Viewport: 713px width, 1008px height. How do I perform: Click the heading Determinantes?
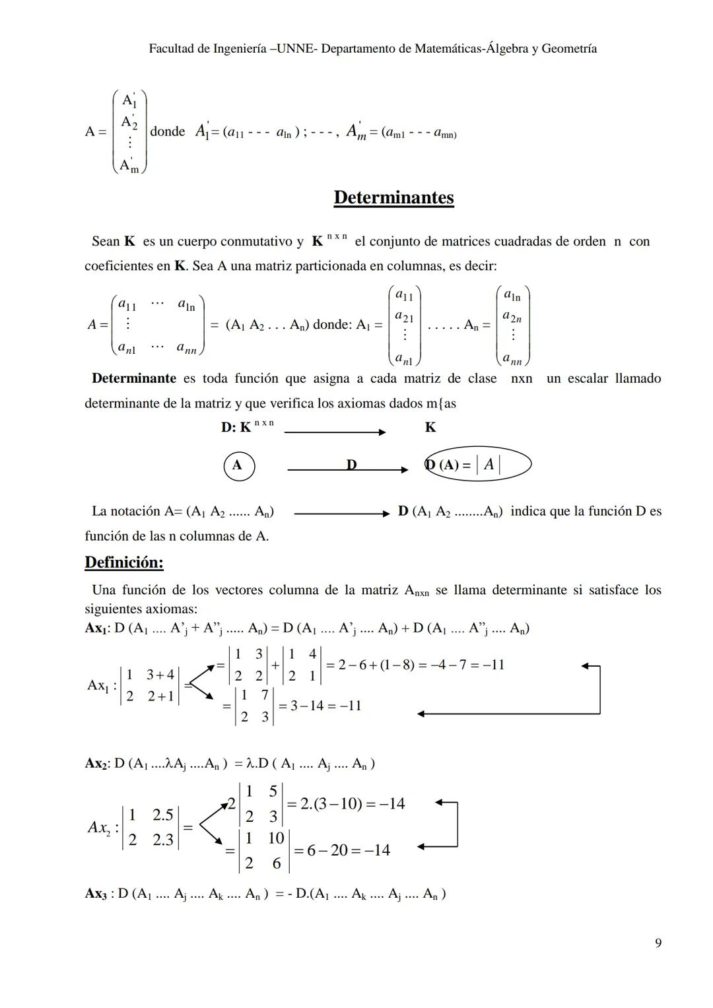[393, 197]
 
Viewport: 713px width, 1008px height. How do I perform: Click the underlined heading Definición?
[124, 562]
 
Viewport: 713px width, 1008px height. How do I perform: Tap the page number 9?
[658, 943]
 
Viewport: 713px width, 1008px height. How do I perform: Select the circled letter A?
[237, 465]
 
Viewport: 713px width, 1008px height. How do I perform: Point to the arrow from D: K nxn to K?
[335, 432]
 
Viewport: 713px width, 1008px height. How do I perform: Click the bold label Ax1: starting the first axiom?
[97, 628]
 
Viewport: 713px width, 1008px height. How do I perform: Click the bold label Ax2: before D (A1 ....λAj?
[97, 764]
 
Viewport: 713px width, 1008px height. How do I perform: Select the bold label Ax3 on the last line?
[96, 894]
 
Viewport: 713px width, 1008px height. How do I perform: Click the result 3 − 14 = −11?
[320, 706]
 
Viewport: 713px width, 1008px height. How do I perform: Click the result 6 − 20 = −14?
[341, 850]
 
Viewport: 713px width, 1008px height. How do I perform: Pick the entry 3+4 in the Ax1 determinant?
[160, 675]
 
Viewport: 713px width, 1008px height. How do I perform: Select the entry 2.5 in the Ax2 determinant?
[162, 815]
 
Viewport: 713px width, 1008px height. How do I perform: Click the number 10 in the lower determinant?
[276, 838]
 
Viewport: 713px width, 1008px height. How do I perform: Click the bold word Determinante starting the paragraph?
[134, 378]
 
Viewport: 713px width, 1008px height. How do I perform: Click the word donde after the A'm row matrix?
[168, 131]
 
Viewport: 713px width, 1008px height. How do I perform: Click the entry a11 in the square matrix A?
[127, 305]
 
